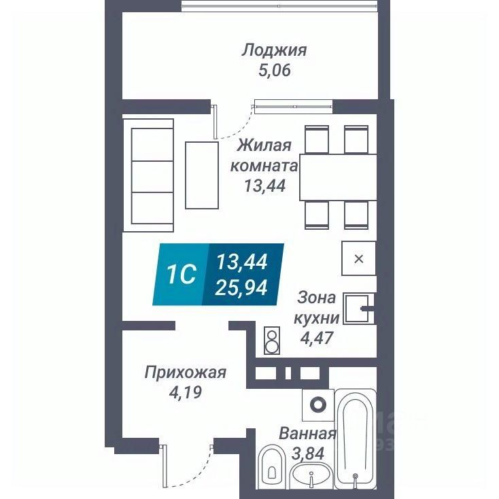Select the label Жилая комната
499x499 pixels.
coord(264,156)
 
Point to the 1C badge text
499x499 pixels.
coord(182,274)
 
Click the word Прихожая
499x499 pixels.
coord(185,372)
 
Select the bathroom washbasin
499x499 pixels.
coord(312,476)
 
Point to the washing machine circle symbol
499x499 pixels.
coord(317,405)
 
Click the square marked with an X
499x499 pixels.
coord(359,258)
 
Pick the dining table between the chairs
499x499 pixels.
coord(338,175)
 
